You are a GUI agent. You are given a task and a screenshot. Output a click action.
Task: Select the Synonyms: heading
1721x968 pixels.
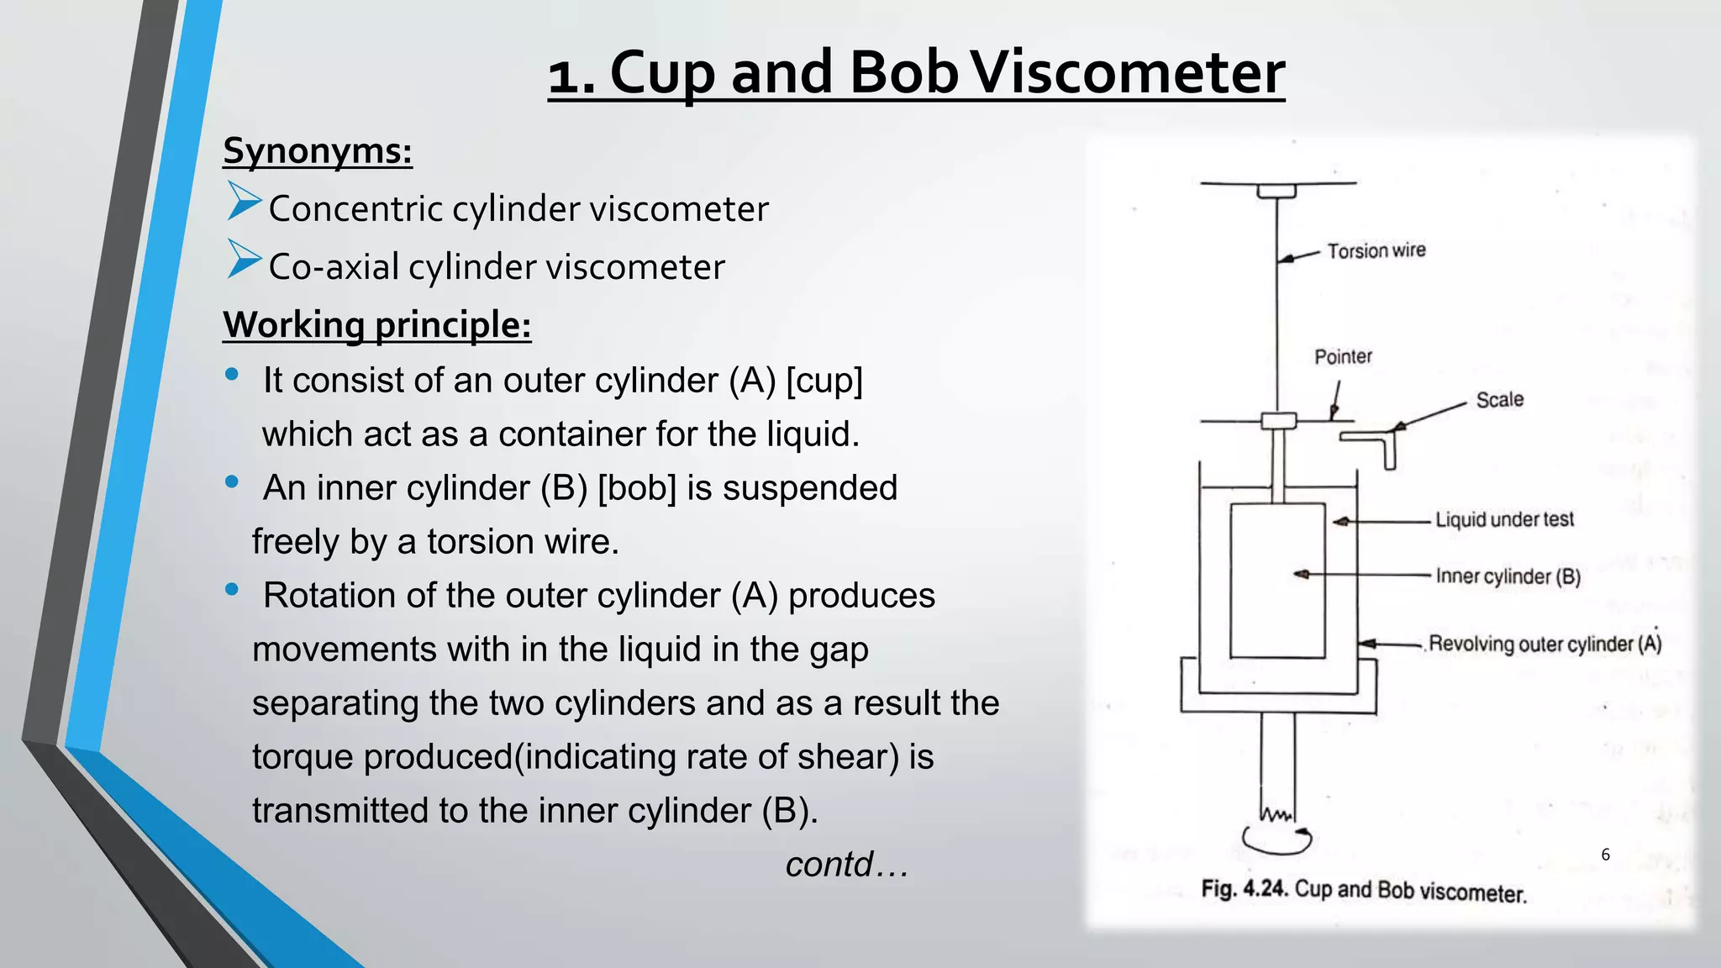tap(318, 151)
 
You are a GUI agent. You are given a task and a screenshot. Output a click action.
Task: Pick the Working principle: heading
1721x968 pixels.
tap(377, 325)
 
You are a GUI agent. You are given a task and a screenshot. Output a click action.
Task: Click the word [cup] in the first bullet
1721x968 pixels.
tap(824, 381)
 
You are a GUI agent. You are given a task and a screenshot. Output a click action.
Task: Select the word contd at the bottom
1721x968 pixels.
tap(829, 865)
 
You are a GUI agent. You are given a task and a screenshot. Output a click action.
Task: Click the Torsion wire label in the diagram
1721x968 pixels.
tap(1376, 250)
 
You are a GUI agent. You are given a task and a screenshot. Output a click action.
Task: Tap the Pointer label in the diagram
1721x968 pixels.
tap(1343, 357)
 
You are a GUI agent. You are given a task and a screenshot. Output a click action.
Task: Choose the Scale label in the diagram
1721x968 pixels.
tap(1500, 400)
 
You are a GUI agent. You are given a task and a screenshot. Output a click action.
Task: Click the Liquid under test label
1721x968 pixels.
tap(1504, 520)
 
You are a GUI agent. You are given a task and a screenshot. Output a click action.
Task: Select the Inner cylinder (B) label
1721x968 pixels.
tap(1508, 576)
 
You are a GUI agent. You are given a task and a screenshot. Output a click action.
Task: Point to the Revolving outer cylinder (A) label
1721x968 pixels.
tap(1545, 644)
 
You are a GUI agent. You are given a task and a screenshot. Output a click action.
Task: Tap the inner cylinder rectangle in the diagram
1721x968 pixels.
tap(1277, 580)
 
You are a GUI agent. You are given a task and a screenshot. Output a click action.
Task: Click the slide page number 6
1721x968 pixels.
tap(1605, 855)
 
